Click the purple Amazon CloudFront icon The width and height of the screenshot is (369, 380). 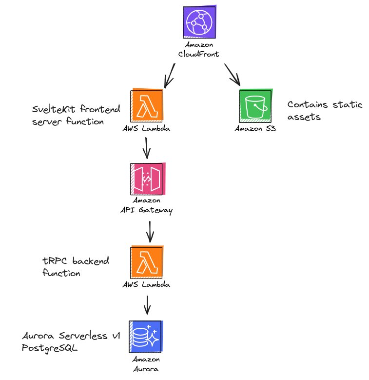click(199, 22)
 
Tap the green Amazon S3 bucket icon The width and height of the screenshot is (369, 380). click(255, 106)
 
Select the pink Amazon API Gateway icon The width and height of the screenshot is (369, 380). click(147, 179)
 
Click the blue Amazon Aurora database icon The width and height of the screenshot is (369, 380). click(146, 336)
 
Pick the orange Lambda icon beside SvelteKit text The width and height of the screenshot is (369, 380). click(147, 105)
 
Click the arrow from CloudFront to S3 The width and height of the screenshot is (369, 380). click(232, 74)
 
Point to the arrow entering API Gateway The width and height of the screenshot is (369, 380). click(147, 147)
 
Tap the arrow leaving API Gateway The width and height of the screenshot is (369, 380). click(149, 231)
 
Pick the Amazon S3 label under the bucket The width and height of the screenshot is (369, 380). click(255, 129)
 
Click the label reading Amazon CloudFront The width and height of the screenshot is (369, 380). click(199, 49)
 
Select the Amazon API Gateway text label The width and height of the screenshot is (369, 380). click(147, 205)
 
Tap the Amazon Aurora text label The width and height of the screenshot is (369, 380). click(146, 364)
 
